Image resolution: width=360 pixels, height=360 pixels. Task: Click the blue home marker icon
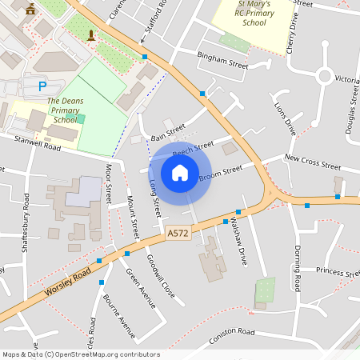tap(180, 173)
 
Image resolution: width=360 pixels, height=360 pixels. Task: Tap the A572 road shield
tap(178, 233)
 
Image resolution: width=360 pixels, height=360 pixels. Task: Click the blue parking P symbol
tap(42, 86)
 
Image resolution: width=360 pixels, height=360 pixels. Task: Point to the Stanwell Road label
tap(38, 142)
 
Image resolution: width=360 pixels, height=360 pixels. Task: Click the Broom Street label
tap(220, 172)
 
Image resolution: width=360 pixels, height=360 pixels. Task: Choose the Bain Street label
tap(167, 130)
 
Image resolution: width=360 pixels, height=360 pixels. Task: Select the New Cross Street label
tap(313, 162)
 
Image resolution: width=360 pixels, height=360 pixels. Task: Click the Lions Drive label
tap(284, 118)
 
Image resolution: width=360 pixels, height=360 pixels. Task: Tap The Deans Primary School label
tap(66, 110)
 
